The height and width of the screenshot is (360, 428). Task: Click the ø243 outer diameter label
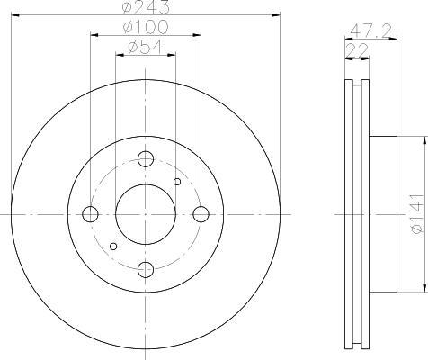click(x=146, y=7)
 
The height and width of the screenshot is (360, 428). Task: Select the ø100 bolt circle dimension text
click(x=146, y=27)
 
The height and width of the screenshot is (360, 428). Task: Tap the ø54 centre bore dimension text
click(x=146, y=47)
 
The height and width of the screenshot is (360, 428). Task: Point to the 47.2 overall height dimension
click(x=371, y=31)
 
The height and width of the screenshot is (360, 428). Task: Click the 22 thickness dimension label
click(x=357, y=50)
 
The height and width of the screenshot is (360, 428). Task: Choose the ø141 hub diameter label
click(x=417, y=213)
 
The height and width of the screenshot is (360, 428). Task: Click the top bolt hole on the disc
click(x=146, y=159)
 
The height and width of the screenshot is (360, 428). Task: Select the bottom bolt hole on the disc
click(x=146, y=269)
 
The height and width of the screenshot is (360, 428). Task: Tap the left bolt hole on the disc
click(x=90, y=214)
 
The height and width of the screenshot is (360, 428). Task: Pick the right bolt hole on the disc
click(x=201, y=214)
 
